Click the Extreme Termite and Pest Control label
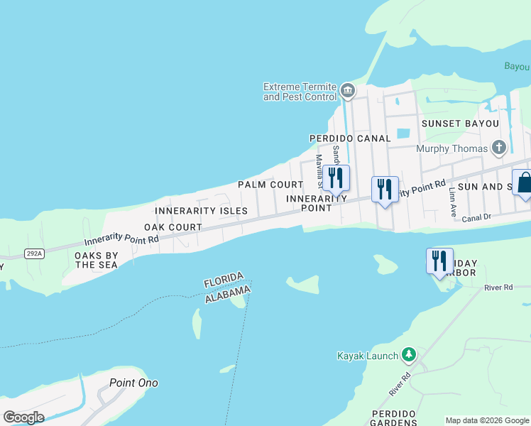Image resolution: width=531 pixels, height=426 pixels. coord(299,92)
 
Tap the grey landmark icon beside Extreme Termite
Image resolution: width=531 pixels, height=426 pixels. coord(348,90)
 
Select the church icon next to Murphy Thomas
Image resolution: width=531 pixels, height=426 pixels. coord(500,148)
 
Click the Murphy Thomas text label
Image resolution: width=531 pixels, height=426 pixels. coord(452,148)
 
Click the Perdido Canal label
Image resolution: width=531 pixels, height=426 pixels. coord(350,138)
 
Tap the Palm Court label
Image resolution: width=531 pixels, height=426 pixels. coord(261,185)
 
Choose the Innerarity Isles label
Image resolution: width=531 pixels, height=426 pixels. coord(201,211)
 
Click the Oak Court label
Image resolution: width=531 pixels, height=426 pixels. coord(173,227)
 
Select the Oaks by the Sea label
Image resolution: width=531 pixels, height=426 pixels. coord(97,260)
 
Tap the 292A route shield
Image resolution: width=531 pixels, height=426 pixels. coord(32,253)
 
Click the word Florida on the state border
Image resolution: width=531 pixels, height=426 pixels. coord(224,280)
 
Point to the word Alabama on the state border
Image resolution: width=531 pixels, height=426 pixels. coord(228,294)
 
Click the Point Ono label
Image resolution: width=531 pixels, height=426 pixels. coord(133,383)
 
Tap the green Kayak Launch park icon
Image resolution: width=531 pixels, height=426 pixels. coord(408,354)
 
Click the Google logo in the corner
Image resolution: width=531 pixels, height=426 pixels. coord(23,417)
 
